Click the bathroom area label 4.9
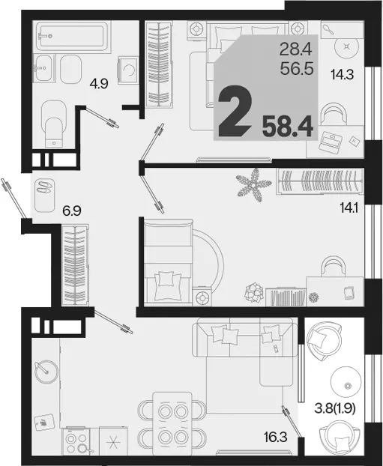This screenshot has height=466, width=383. (x=99, y=85)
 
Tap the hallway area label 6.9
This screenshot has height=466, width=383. (x=72, y=211)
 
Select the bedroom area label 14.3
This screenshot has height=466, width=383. (x=343, y=74)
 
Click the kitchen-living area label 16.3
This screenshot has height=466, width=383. (x=275, y=437)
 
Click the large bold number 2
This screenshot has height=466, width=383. (x=235, y=110)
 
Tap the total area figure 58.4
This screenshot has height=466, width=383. (x=288, y=127)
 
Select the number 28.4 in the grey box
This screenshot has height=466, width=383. (x=295, y=49)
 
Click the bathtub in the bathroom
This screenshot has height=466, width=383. (x=71, y=35)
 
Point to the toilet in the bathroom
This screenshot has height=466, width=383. (x=54, y=124)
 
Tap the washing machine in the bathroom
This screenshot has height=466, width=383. (x=128, y=70)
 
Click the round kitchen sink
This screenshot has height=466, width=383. (x=46, y=372)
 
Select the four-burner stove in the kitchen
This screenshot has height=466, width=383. (x=76, y=442)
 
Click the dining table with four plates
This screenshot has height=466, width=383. (x=172, y=424)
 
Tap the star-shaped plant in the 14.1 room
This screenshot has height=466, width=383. (x=253, y=185)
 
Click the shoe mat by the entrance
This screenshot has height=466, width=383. (x=45, y=195)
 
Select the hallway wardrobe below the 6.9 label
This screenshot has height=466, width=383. (x=75, y=265)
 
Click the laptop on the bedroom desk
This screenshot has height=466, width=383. (x=330, y=142)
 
